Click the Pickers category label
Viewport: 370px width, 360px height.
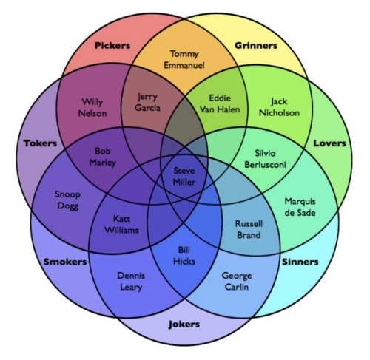(x=112, y=46)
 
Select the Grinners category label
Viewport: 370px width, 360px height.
(x=256, y=45)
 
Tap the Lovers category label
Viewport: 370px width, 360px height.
(x=329, y=143)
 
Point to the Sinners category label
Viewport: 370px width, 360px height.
(x=300, y=262)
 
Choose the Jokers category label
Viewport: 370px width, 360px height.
(x=184, y=325)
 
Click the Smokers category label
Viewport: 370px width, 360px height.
(x=65, y=262)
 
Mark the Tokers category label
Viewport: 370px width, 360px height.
(x=40, y=143)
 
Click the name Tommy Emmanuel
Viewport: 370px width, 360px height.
(x=184, y=60)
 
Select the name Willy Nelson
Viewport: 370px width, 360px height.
(x=92, y=108)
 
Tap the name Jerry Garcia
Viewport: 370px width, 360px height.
(x=147, y=103)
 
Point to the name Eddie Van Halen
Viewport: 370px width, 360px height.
(x=220, y=103)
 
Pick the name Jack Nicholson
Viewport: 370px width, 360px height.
(x=279, y=107)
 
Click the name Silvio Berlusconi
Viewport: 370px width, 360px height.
(x=265, y=159)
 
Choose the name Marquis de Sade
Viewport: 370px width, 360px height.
(x=300, y=207)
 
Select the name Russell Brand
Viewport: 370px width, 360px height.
(x=249, y=229)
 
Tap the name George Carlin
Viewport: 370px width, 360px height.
(x=237, y=282)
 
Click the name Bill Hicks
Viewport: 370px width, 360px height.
(x=184, y=256)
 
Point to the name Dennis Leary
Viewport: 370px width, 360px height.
(x=131, y=282)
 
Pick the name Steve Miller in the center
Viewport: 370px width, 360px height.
(x=184, y=177)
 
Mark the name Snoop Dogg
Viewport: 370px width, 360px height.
(x=67, y=200)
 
